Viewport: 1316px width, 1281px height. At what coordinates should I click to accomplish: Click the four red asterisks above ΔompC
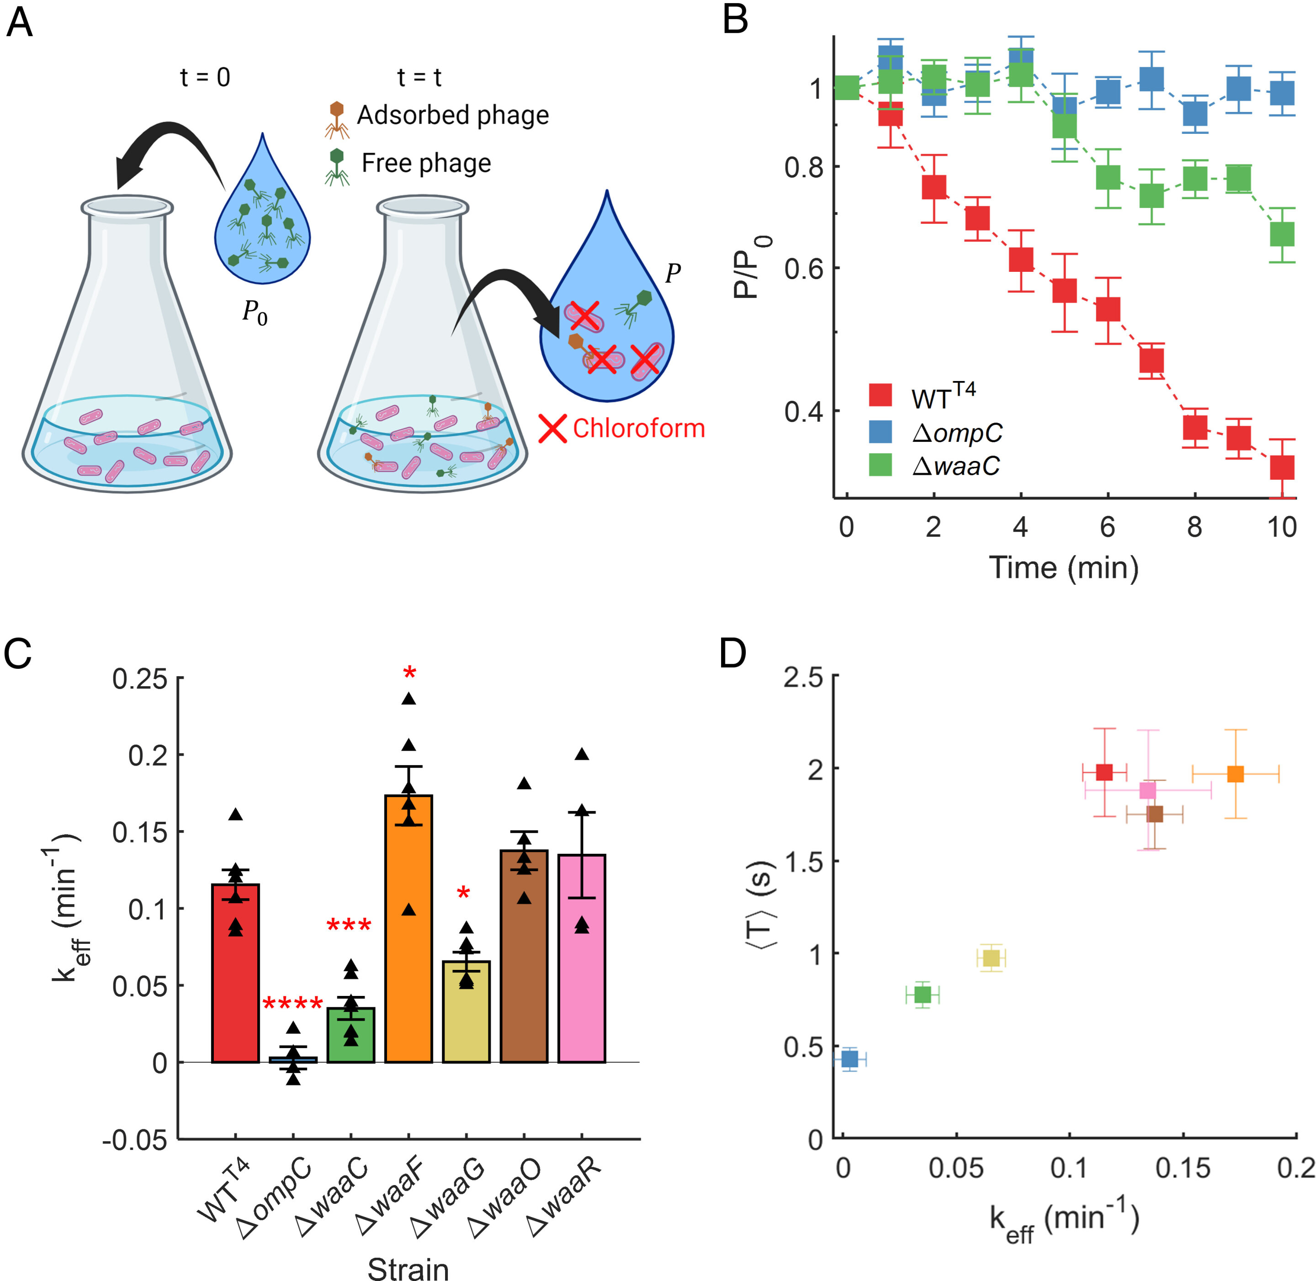coord(292,1005)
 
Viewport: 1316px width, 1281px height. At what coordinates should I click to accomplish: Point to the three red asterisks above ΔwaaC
coord(349,926)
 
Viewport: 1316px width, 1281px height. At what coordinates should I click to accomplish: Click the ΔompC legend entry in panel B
coord(956,433)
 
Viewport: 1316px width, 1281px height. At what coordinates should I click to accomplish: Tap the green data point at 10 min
coord(1282,234)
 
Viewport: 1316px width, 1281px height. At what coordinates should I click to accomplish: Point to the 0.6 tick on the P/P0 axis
coord(804,268)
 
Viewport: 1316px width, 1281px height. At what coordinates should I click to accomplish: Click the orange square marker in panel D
coord(1235,774)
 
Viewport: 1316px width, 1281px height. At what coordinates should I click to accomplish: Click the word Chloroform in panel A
coord(638,429)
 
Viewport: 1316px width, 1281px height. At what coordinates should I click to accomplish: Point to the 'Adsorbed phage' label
coord(452,115)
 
